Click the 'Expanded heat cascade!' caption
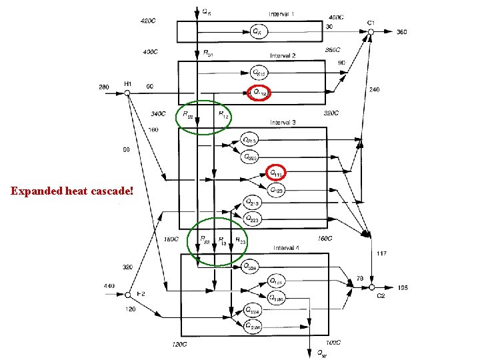72,191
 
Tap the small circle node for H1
127,93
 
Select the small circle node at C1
371,32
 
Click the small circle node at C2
371,287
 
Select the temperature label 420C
148,21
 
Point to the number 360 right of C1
403,32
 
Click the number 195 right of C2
403,287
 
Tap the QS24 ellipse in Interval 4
251,267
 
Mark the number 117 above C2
382,253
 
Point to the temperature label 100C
333,342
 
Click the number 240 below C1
375,89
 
